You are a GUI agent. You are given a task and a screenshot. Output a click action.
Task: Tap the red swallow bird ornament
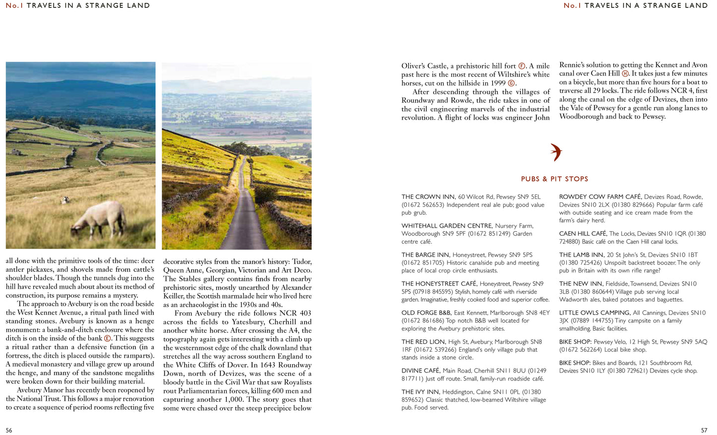(556, 152)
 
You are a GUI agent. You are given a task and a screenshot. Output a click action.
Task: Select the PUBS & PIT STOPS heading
(554, 179)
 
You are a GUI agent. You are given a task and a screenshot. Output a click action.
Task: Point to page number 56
(9, 430)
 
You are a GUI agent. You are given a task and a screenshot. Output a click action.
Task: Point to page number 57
(704, 430)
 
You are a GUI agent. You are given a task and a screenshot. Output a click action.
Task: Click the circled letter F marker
(521, 66)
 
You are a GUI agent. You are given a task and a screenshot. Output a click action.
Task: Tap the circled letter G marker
(511, 83)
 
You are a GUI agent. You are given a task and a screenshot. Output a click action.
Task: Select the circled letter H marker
(625, 73)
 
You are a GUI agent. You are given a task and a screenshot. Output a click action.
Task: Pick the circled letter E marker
(107, 338)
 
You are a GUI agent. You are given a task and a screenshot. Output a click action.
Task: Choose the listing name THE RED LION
(423, 342)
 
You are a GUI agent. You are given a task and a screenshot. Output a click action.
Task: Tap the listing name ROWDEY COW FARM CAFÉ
(600, 197)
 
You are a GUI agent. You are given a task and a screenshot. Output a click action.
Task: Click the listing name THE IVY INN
(420, 392)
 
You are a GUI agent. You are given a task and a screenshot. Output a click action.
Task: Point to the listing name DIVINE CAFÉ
(420, 371)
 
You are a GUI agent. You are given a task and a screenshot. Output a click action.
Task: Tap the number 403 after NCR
(305, 313)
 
